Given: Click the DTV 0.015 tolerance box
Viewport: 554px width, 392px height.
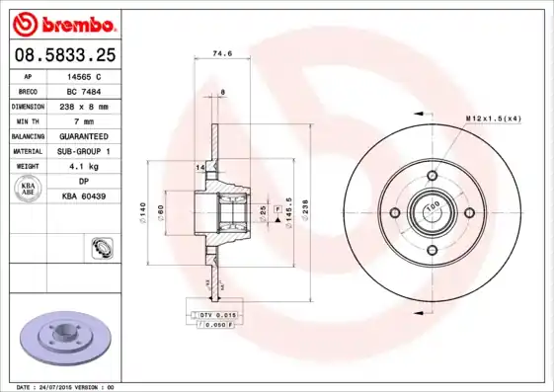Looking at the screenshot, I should click(212, 314).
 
